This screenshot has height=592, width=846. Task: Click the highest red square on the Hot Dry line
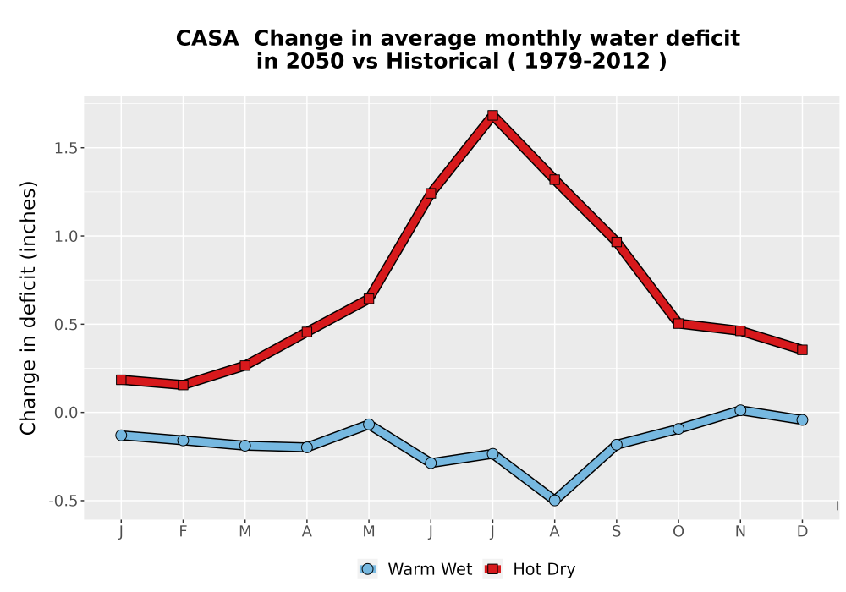[492, 115]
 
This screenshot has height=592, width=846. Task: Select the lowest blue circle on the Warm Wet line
[555, 501]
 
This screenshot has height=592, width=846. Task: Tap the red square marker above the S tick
[617, 242]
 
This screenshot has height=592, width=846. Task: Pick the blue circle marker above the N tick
[740, 410]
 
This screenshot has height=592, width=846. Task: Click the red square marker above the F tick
[183, 385]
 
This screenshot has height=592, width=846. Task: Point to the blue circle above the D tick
[802, 419]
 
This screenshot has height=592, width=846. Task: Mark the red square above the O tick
[678, 324]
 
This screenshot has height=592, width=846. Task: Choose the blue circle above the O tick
[678, 429]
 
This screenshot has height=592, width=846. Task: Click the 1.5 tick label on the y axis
[66, 148]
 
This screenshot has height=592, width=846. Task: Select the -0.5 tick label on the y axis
[63, 502]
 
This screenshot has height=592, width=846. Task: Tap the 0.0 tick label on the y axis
[66, 413]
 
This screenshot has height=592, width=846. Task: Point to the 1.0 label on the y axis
[66, 237]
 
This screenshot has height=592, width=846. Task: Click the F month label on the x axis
[183, 532]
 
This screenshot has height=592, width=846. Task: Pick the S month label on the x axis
[617, 532]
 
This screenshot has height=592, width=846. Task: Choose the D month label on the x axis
[802, 532]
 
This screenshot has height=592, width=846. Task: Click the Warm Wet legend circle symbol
[367, 569]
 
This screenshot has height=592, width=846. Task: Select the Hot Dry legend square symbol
[492, 569]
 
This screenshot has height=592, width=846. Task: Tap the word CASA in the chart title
[207, 39]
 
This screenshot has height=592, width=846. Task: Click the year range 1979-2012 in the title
[587, 62]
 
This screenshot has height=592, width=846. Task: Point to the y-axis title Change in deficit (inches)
[28, 308]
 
